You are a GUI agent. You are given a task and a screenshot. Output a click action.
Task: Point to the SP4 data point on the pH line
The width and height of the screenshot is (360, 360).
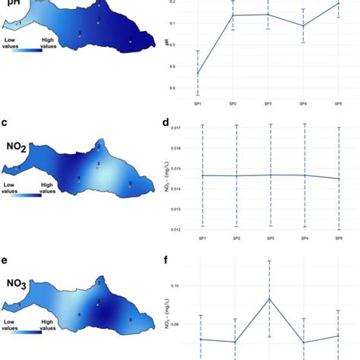click(x=304, y=26)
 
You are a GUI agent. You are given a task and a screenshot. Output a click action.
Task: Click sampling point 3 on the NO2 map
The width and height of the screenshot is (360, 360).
click(x=97, y=165)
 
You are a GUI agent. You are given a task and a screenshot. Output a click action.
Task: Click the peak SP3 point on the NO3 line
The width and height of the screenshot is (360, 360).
click(x=270, y=298)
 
